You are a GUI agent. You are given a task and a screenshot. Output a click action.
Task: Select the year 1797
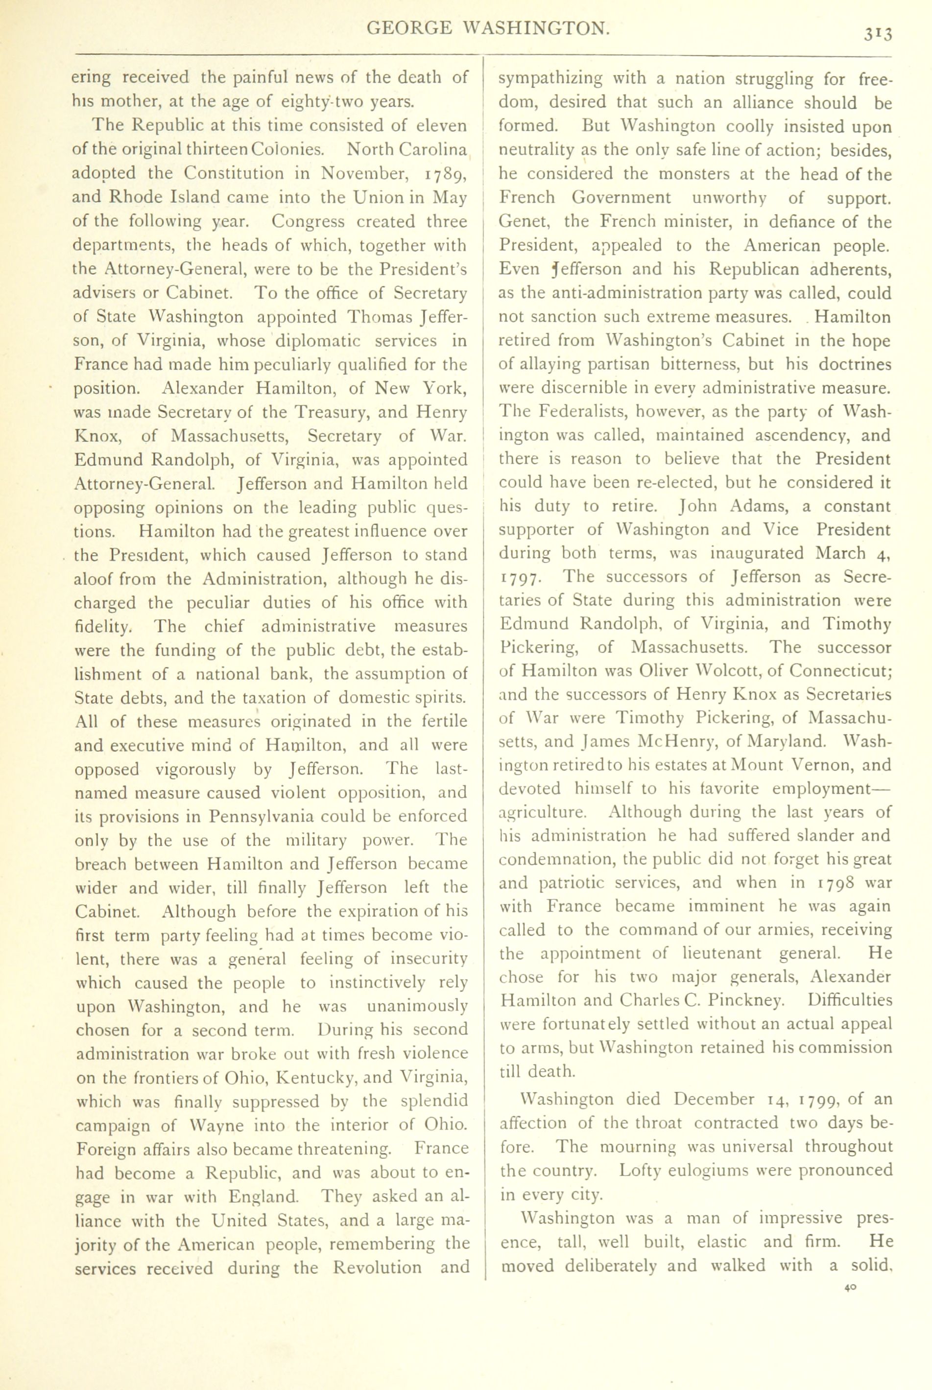click(520, 578)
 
